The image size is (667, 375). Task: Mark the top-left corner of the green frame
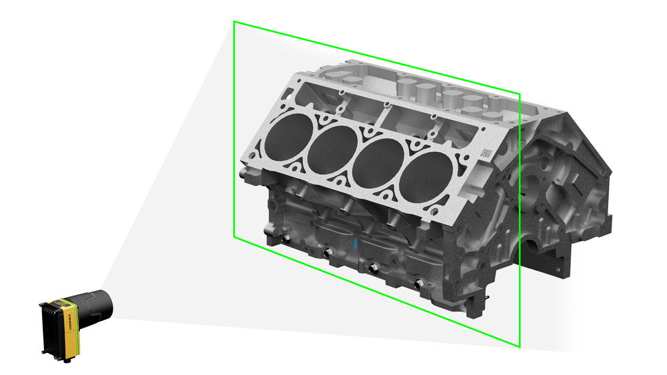(x=233, y=21)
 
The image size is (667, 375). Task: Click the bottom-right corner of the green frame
(x=520, y=347)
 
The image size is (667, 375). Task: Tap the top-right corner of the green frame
(x=520, y=93)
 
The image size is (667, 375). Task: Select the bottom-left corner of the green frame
(x=233, y=236)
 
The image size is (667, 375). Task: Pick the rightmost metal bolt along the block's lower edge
(x=419, y=284)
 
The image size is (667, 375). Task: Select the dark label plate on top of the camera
(x=62, y=305)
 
